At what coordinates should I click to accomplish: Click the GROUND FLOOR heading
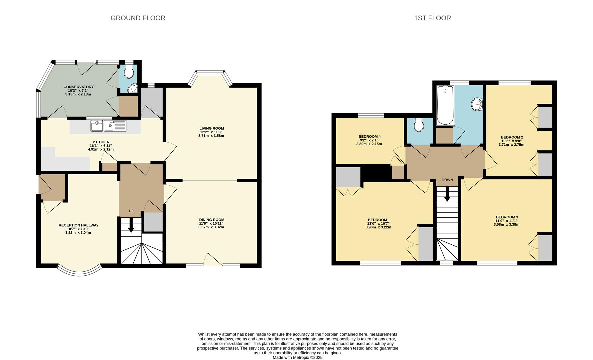pos(138,18)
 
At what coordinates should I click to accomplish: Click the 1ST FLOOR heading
pos(432,18)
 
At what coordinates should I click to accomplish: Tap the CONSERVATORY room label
pos(78,87)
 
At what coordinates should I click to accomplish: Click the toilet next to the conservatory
pos(129,71)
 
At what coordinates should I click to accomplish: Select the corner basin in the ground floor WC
pos(134,88)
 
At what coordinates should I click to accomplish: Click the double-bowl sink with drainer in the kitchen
pos(108,126)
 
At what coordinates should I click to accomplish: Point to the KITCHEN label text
pos(101,142)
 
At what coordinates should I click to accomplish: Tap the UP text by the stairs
pos(131,211)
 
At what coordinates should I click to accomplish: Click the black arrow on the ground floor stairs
pos(131,225)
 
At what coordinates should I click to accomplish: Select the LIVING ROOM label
pos(211,128)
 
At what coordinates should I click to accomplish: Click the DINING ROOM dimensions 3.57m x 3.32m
pos(211,227)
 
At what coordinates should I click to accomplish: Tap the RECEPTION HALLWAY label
pos(78,225)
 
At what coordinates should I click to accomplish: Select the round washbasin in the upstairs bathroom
pos(477,104)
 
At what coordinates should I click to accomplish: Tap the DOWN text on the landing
pos(447,180)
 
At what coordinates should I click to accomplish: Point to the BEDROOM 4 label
pos(369,137)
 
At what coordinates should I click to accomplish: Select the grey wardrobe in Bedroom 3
pos(545,248)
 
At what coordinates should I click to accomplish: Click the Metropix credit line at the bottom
pos(297,358)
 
